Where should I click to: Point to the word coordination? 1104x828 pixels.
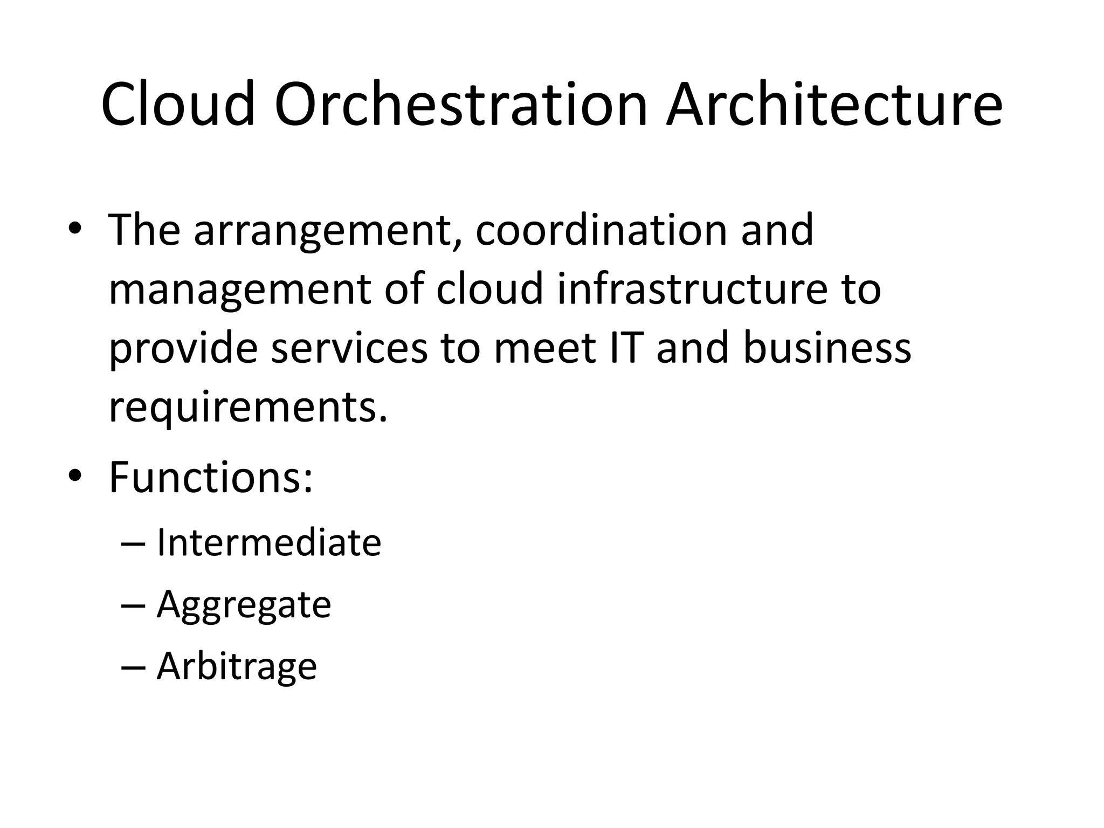point(600,231)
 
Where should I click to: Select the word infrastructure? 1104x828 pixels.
point(692,289)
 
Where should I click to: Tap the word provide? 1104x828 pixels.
point(183,349)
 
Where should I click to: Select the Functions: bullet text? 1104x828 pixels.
point(211,477)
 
